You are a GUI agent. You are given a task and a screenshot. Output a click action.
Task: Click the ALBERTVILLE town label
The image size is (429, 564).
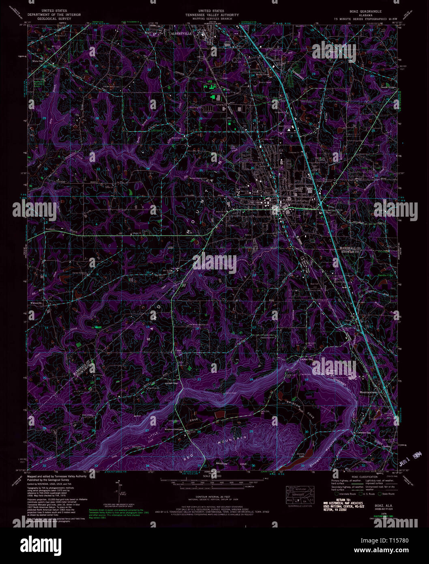click(181, 34)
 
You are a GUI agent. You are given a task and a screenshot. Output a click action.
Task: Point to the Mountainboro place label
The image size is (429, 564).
click(368, 392)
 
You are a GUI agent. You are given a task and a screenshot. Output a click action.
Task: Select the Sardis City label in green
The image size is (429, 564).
click(385, 275)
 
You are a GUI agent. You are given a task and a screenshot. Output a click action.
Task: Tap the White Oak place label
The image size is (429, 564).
click(37, 61)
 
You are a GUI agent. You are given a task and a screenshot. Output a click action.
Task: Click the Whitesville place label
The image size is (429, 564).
click(36, 303)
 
